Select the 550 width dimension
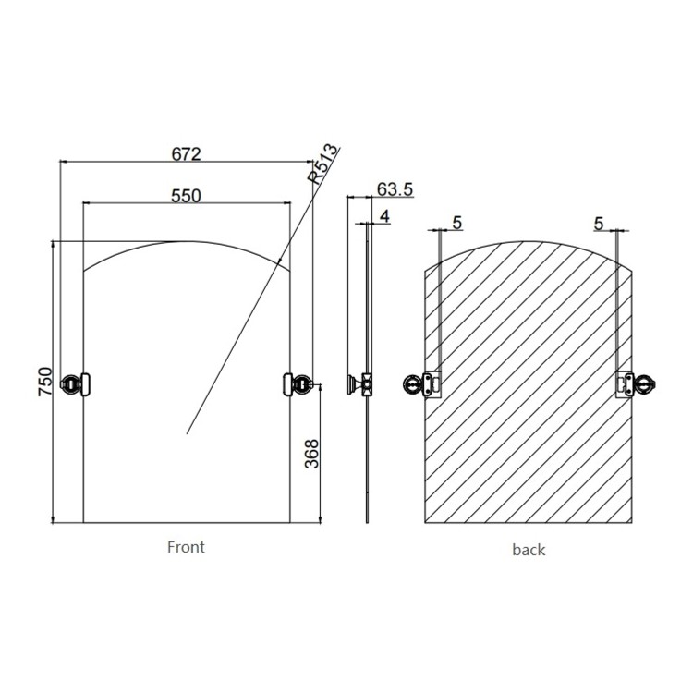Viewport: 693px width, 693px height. [x=187, y=195]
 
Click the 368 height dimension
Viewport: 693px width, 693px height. [x=312, y=453]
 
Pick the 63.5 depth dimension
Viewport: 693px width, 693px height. [x=395, y=189]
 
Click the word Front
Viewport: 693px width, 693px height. [x=186, y=546]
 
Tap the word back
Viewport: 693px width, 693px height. [x=529, y=550]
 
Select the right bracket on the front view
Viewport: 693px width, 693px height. [x=298, y=382]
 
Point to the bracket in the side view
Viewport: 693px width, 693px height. [x=362, y=383]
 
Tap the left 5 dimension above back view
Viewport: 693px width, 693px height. [x=456, y=224]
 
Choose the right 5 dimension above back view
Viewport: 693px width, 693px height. [x=599, y=224]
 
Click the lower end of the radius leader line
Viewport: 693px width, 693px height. [x=188, y=432]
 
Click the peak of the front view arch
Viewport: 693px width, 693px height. [x=188, y=241]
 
